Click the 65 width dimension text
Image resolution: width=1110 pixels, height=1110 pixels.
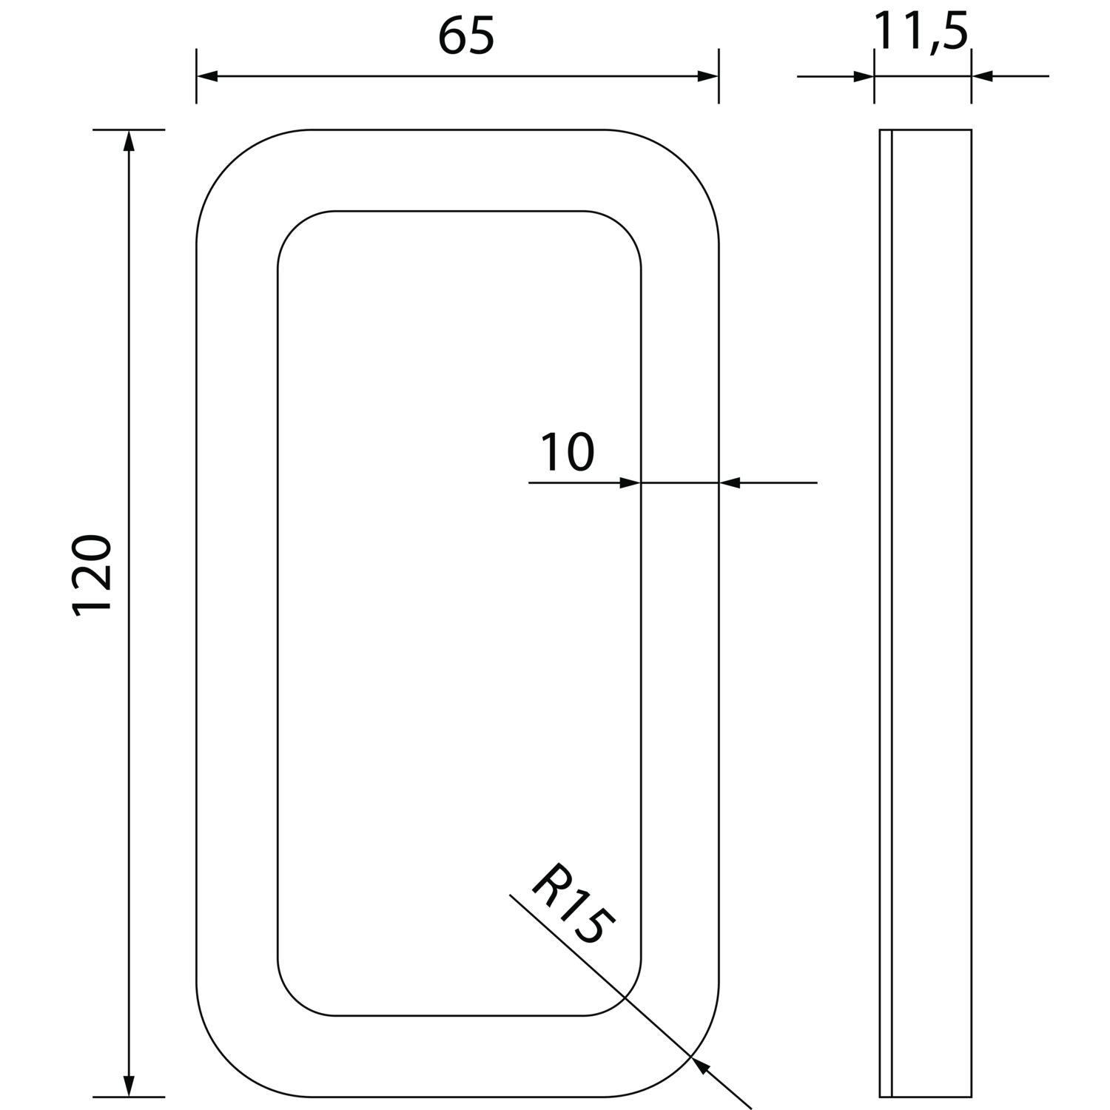[465, 36]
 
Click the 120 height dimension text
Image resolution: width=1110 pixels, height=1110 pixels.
[92, 573]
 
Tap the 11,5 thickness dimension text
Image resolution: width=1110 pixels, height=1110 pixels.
[921, 32]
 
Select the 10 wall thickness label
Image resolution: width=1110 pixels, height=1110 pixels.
[568, 453]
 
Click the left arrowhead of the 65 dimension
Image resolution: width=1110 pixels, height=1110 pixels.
[206, 76]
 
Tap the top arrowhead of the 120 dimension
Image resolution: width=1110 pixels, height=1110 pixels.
[129, 141]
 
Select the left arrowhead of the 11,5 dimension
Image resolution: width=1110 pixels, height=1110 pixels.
[864, 76]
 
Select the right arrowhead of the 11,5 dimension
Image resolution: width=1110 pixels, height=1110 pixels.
[981, 76]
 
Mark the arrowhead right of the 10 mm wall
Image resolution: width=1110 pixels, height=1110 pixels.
[730, 483]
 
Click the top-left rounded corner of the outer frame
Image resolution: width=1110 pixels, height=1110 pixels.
[229, 163]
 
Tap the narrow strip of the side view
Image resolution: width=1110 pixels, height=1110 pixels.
[886, 614]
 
